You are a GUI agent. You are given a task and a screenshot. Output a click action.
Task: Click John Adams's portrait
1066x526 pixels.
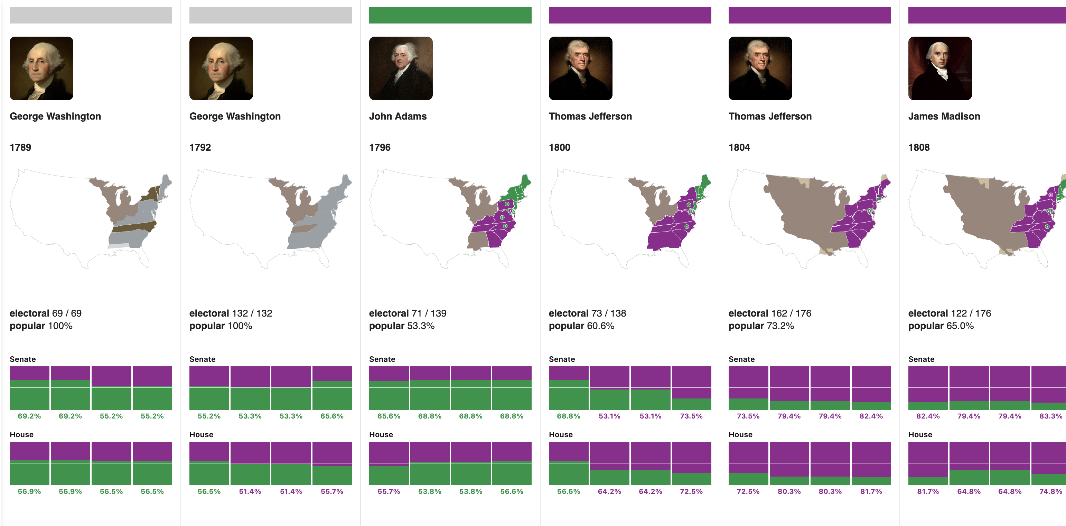coord(401,68)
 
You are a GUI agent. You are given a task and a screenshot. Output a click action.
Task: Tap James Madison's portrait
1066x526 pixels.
coord(940,68)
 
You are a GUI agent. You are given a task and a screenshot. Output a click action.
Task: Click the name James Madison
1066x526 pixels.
coord(944,116)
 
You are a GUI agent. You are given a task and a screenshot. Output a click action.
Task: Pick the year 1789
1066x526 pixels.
coord(20,147)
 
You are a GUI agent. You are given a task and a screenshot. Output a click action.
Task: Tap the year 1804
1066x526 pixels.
coord(739,147)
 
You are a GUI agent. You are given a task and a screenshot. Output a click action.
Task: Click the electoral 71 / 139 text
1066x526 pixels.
coord(407,313)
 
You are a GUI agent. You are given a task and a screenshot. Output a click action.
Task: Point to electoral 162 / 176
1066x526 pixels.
coord(769,313)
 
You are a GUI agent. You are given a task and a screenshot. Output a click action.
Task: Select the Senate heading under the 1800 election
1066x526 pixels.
coord(562,359)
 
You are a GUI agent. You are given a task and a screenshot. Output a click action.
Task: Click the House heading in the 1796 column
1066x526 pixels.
coord(381,434)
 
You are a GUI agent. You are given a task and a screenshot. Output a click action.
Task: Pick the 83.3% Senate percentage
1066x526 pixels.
coord(1050,416)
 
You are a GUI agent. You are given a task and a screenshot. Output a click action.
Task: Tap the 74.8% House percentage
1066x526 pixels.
coord(1050,491)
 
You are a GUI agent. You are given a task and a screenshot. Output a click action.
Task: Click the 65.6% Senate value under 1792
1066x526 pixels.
coord(331,416)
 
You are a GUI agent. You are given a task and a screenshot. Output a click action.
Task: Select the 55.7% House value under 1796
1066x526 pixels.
coord(389,491)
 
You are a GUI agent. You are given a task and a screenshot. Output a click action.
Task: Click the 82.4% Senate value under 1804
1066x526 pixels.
coord(871,416)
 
